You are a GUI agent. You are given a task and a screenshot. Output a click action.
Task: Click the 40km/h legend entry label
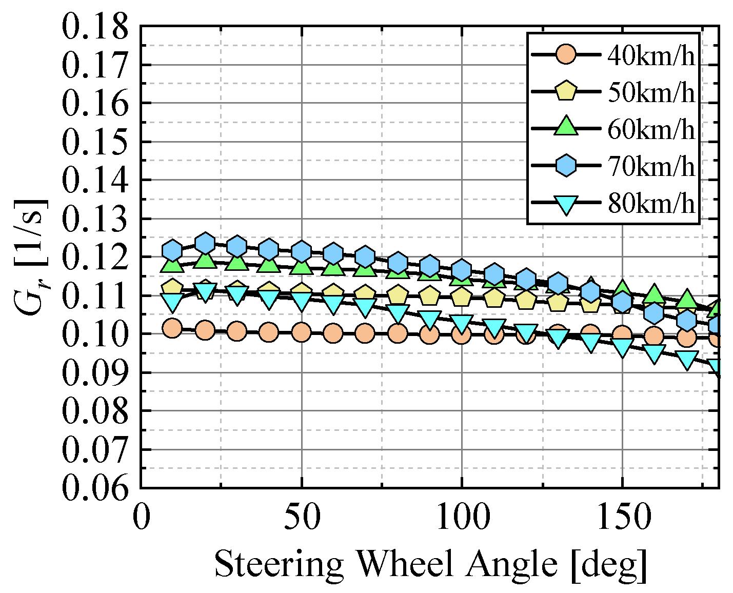(x=651, y=56)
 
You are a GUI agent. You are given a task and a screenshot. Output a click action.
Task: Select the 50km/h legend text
(x=651, y=93)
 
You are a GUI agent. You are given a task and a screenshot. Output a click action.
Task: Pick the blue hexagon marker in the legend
(x=566, y=166)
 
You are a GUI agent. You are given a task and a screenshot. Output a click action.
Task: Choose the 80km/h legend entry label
(x=651, y=204)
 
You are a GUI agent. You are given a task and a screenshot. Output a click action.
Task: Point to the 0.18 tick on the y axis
(x=94, y=27)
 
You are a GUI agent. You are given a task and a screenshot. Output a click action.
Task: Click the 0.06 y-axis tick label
(x=94, y=488)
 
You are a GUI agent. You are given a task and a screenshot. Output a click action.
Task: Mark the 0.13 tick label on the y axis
(x=94, y=219)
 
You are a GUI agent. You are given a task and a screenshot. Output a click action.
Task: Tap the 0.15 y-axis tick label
(x=94, y=142)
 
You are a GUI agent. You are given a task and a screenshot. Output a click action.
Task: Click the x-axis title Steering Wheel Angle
(x=430, y=565)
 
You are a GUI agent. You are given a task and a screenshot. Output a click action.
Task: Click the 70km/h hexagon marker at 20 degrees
(x=205, y=243)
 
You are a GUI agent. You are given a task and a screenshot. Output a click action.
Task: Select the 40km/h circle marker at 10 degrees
(x=172, y=329)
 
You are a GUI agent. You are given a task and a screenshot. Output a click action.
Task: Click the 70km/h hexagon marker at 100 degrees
(x=462, y=269)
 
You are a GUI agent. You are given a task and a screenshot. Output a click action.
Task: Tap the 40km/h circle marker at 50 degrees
(x=301, y=332)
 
